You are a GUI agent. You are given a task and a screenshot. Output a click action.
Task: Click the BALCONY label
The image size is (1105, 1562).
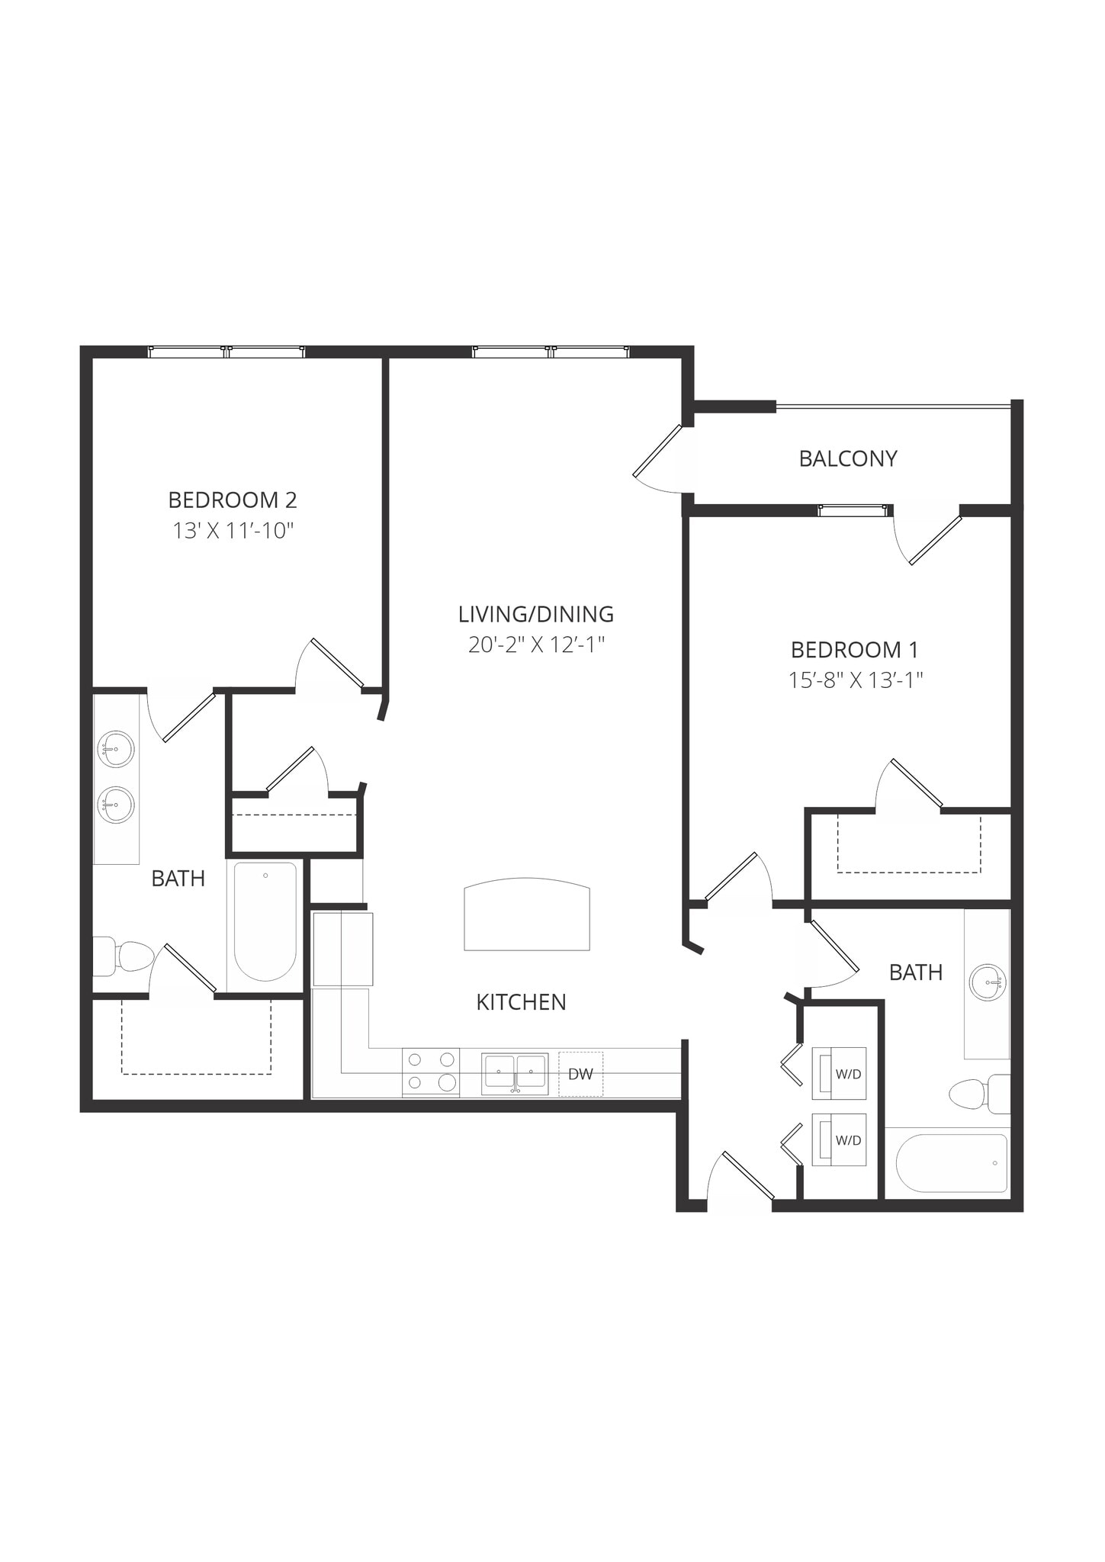coord(847,458)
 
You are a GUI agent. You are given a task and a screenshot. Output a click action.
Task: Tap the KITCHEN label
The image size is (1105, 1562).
coord(521,1002)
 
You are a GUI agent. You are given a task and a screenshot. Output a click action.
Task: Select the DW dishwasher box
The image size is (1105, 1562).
coord(580,1074)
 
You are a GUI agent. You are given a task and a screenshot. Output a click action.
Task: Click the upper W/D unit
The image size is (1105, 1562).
coord(839,1073)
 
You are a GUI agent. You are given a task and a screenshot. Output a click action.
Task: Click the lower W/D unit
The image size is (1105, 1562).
coord(839,1139)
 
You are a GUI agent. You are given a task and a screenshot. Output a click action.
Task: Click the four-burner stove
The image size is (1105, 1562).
coord(431,1072)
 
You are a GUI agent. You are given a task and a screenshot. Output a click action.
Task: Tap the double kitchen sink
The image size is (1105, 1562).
coord(515,1073)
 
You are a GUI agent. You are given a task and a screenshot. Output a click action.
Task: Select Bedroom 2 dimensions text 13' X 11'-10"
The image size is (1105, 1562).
coord(233,531)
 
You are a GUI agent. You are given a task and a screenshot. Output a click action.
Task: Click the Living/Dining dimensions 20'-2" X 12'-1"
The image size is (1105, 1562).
coord(536,645)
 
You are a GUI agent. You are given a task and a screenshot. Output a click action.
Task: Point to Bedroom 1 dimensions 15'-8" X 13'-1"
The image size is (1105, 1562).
coord(856,680)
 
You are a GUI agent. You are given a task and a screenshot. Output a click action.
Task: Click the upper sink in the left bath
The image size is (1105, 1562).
coord(116,749)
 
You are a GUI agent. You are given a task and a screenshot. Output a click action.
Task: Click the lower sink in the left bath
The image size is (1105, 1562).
coord(116,805)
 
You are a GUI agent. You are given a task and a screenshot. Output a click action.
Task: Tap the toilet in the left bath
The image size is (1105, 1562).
coord(126,956)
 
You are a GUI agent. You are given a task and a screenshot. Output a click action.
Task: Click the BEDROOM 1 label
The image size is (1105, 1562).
coord(854,650)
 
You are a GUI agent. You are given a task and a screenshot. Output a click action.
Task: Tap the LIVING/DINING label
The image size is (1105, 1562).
coord(536,614)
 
